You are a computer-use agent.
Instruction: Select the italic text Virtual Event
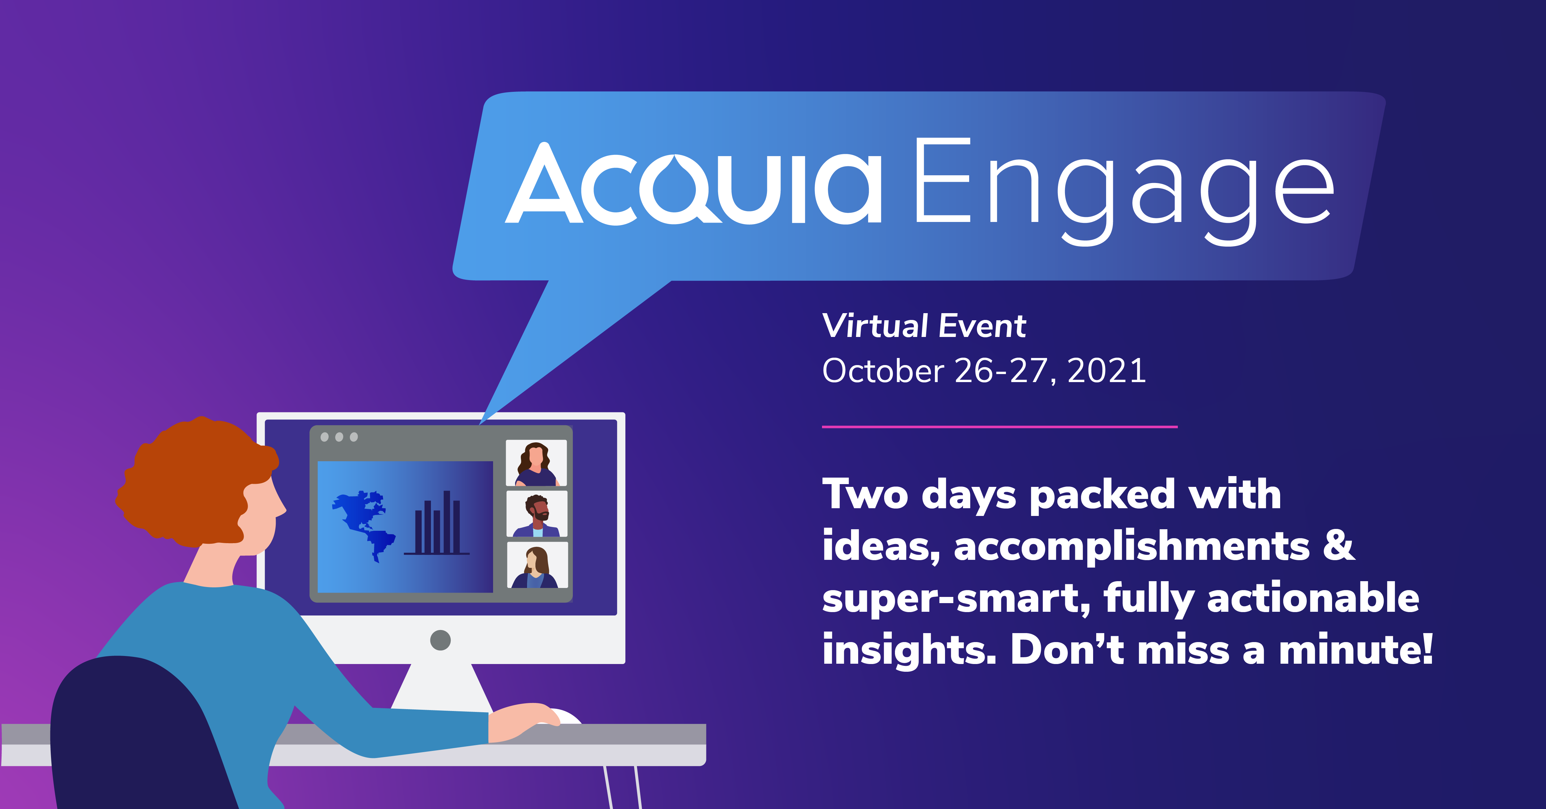pyautogui.click(x=924, y=326)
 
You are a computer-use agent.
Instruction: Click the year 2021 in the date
pyautogui.click(x=1107, y=370)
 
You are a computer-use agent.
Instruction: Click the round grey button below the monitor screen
pyautogui.click(x=441, y=640)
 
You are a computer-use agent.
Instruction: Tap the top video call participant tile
pyautogui.click(x=536, y=463)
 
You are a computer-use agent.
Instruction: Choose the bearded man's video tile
pyautogui.click(x=537, y=514)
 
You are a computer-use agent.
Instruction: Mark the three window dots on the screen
pyautogui.click(x=339, y=437)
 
